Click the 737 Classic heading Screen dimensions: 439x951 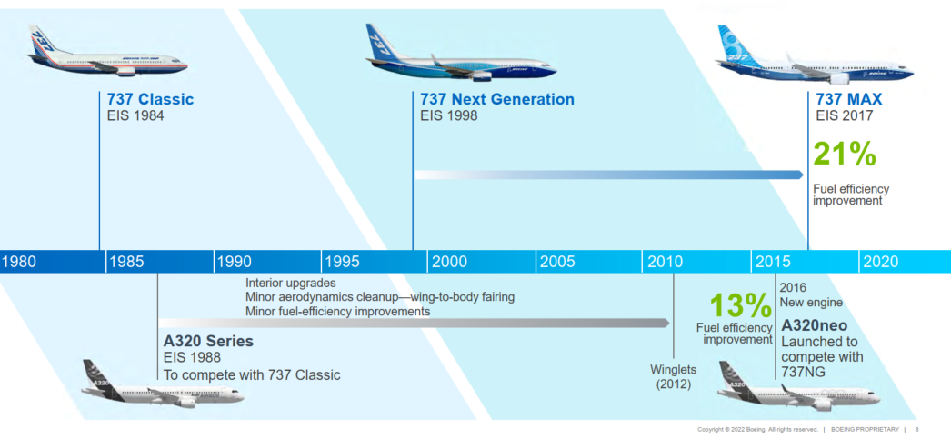pos(150,100)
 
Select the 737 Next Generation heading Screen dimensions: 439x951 pos(496,100)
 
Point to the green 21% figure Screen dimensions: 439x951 pos(845,155)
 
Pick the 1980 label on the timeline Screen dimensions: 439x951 pos(20,262)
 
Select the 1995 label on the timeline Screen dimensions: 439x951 pos(342,262)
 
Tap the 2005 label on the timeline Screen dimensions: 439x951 pos(556,262)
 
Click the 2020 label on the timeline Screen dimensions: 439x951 pos(880,262)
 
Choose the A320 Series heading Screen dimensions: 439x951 pos(208,342)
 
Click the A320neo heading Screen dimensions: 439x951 pos(817,325)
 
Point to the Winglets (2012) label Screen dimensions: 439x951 pos(675,376)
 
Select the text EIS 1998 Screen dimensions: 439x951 pos(450,115)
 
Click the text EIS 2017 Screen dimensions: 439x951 pos(844,115)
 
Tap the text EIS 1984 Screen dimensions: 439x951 pos(135,115)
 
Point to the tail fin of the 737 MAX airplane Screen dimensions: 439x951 pos(731,41)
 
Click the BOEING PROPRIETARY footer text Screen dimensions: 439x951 pos(864,429)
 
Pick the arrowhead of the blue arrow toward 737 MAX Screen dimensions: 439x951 pos(798,174)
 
